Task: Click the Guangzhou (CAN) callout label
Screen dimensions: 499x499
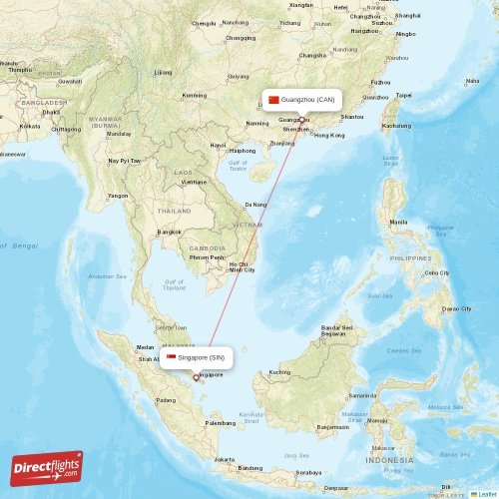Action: click(301, 100)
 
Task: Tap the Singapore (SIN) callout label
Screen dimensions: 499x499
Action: click(197, 357)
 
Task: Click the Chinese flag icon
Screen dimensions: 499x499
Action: click(273, 100)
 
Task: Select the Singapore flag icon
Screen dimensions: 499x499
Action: click(171, 357)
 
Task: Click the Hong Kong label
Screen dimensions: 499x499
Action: click(328, 135)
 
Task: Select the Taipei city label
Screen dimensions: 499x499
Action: click(403, 96)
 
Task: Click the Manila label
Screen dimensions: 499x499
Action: click(398, 222)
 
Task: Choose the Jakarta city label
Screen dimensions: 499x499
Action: click(225, 459)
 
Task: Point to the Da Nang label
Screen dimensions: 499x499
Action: click(255, 204)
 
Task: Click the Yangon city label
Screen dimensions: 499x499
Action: click(118, 196)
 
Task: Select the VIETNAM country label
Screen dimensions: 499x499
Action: click(247, 226)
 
